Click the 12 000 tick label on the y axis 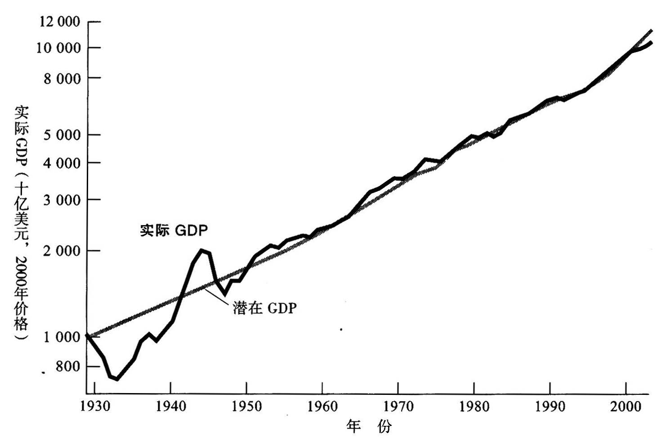click(60, 22)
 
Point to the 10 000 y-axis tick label click(59, 48)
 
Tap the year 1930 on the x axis click(95, 407)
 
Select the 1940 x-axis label click(171, 407)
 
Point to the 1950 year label click(246, 407)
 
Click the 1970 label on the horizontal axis click(398, 407)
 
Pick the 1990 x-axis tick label click(550, 407)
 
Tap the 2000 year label click(626, 407)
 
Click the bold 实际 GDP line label click(174, 231)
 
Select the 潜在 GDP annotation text click(265, 308)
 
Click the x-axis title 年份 click(369, 426)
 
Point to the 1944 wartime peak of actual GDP click(202, 250)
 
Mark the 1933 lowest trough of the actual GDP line click(117, 379)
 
